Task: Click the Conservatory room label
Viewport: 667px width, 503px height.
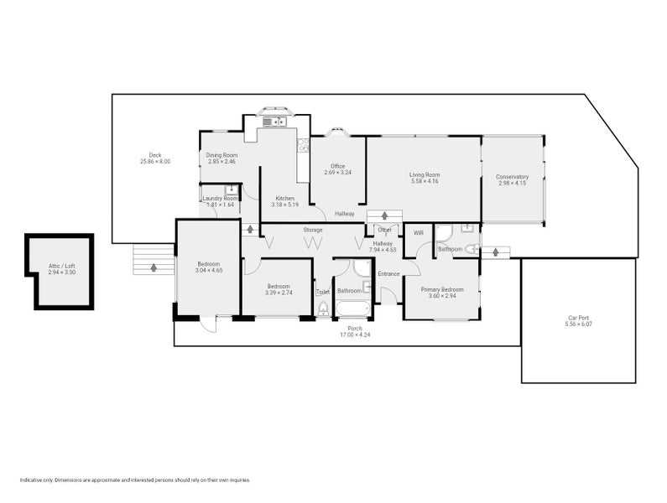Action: [x=512, y=177]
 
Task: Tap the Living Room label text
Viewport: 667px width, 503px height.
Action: [x=425, y=174]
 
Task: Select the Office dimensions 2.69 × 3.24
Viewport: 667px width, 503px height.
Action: [x=337, y=173]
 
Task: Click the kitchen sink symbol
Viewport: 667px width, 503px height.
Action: [x=274, y=123]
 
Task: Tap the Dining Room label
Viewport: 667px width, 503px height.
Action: [x=222, y=155]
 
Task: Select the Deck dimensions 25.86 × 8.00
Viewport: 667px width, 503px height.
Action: [x=155, y=161]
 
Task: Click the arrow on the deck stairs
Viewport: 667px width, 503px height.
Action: [x=154, y=267]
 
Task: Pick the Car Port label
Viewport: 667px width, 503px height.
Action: [x=578, y=318]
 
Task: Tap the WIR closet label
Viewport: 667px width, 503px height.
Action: [x=418, y=233]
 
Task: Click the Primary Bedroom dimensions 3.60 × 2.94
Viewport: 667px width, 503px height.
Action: [x=441, y=295]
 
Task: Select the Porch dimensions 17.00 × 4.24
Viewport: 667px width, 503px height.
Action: [x=354, y=335]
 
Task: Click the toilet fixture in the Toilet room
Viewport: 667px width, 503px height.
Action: [x=323, y=309]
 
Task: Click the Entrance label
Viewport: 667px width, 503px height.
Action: [x=388, y=274]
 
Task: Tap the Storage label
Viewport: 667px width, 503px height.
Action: [x=313, y=230]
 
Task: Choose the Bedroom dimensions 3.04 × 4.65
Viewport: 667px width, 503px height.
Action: [x=208, y=271]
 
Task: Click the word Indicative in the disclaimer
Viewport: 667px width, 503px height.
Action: [x=32, y=480]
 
